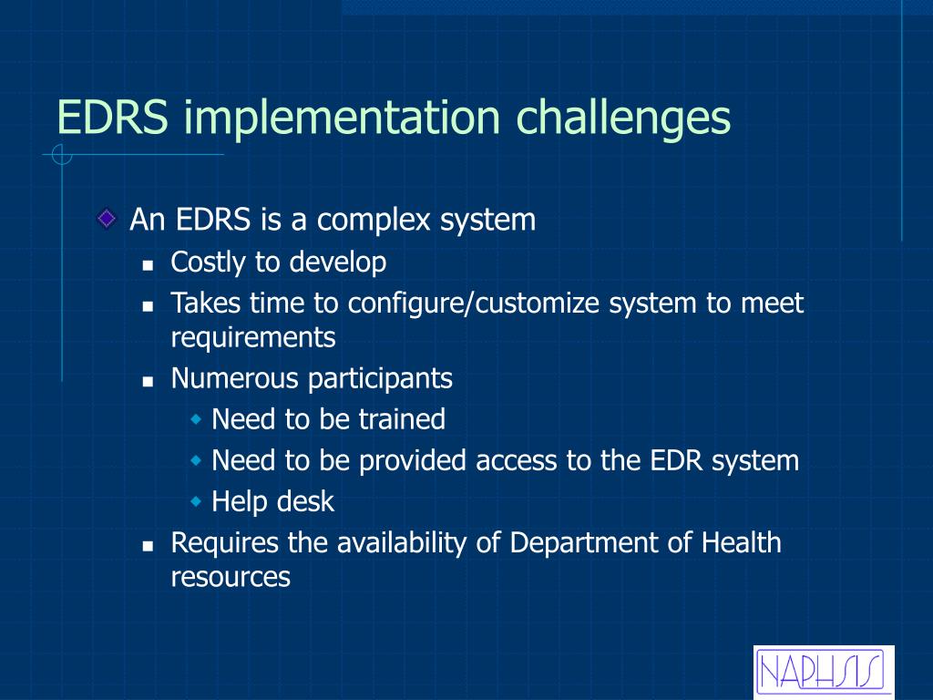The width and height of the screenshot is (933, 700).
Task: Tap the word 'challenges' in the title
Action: (x=623, y=118)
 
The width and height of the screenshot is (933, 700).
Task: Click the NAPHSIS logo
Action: (x=824, y=673)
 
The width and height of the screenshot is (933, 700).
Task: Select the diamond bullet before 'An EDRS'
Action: (x=108, y=219)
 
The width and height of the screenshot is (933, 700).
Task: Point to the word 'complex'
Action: (x=374, y=221)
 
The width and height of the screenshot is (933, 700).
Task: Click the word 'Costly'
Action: (x=209, y=262)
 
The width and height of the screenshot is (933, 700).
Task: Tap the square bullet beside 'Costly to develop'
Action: (x=149, y=265)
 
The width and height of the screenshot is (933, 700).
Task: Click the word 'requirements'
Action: (x=253, y=338)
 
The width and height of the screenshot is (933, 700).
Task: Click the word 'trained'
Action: (x=402, y=419)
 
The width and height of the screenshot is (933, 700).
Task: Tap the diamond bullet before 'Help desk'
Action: (x=197, y=501)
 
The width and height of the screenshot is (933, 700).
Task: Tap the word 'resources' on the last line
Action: (x=231, y=577)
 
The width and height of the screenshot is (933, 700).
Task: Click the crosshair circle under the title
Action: (x=62, y=155)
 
